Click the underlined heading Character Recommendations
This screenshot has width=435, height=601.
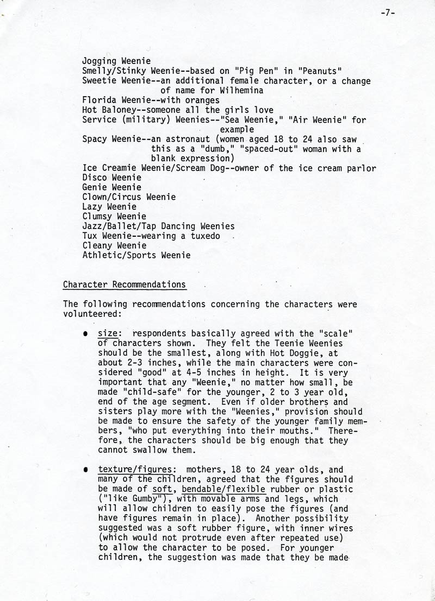[125, 284]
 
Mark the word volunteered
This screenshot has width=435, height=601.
[89, 314]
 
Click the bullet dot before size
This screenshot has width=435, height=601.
[86, 333]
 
